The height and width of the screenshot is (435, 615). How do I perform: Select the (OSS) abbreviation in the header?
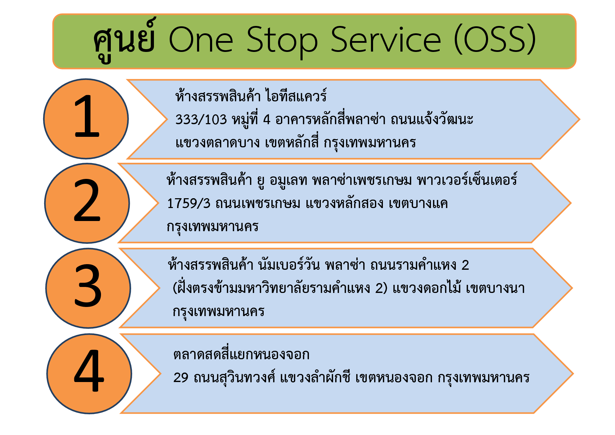click(x=495, y=40)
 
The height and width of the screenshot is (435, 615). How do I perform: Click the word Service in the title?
click(x=386, y=39)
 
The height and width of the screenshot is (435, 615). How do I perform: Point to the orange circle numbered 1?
click(x=86, y=119)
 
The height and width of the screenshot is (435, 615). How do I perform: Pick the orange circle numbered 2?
click(x=87, y=203)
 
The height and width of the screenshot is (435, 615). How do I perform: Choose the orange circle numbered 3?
click(x=88, y=288)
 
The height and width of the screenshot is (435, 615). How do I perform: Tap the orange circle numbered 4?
click(x=89, y=374)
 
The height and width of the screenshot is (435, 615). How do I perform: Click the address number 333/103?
click(x=201, y=120)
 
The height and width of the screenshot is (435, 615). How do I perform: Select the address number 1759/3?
click(x=188, y=203)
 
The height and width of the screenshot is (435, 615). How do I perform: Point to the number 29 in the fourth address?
click(x=181, y=377)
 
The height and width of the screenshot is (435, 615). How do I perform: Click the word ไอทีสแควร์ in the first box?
click(x=296, y=95)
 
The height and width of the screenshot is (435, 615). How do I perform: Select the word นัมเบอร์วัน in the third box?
click(x=289, y=264)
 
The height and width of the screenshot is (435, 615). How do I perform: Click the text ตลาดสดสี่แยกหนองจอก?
click(x=241, y=354)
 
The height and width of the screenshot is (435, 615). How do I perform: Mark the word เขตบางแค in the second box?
click(x=418, y=203)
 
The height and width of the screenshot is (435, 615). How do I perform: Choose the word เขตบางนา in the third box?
click(x=495, y=288)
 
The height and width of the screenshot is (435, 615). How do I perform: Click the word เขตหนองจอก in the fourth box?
click(x=394, y=377)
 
